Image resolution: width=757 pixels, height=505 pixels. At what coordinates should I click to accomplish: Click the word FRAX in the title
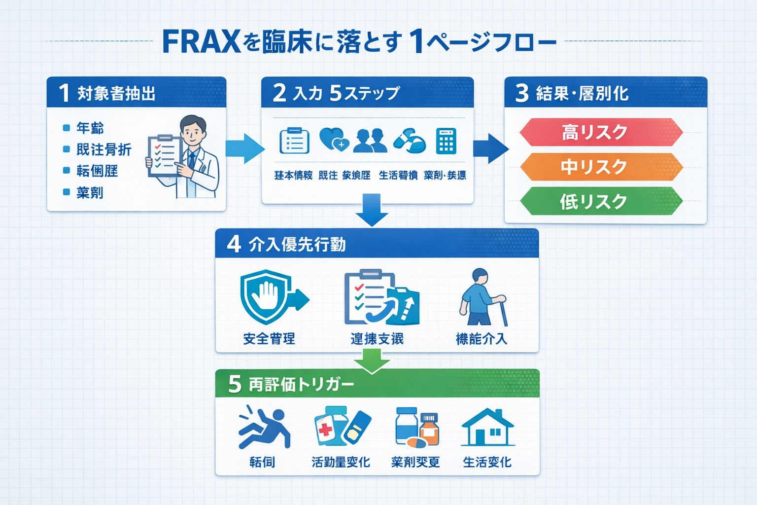[x=201, y=42]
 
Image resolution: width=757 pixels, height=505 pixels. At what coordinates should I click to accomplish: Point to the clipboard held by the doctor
[x=165, y=156]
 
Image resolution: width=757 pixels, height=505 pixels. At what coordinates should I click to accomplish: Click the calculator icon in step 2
[x=446, y=142]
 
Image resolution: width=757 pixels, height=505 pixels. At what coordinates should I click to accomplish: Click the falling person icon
[x=264, y=428]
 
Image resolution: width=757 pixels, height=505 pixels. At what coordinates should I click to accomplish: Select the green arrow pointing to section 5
[x=372, y=361]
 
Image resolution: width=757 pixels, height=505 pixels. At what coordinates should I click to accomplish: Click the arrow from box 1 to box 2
[x=244, y=148]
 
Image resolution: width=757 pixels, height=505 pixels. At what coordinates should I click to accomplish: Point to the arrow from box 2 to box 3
[x=490, y=148]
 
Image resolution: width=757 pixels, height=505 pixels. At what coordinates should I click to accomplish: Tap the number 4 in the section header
[x=234, y=244]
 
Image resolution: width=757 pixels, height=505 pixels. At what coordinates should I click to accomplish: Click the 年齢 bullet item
[x=90, y=128]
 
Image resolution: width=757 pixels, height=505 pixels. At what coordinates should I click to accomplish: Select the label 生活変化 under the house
[x=487, y=462]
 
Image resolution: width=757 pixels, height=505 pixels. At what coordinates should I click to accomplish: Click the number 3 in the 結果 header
[x=521, y=93]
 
